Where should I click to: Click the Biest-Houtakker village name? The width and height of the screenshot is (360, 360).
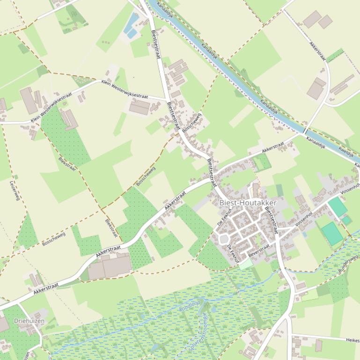(x=248, y=203)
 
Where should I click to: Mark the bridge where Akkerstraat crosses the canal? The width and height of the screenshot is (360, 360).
(x=305, y=130)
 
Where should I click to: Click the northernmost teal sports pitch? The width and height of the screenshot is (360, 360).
(x=338, y=207)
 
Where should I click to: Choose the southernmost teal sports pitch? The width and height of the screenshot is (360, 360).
(x=333, y=233)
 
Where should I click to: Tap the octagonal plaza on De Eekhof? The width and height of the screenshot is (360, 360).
(x=224, y=239)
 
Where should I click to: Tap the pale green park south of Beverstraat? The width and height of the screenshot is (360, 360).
(x=246, y=264)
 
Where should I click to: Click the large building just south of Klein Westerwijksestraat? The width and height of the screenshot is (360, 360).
(x=140, y=107)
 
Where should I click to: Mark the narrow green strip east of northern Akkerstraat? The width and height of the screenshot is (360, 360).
(x=335, y=55)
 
